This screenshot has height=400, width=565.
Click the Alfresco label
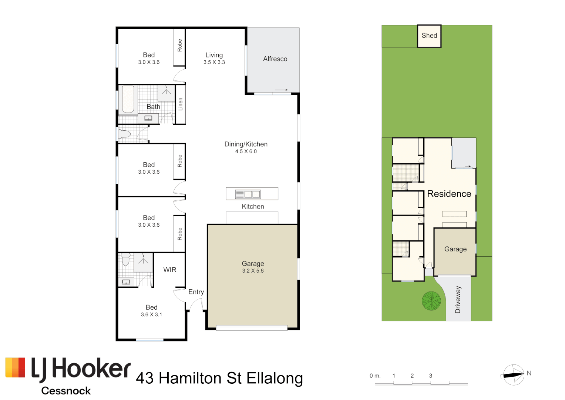point(275,59)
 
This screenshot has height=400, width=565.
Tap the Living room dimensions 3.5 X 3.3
point(214,62)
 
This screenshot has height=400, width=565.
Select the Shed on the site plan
point(429,36)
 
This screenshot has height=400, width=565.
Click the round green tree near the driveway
point(431,301)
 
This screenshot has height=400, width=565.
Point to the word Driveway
point(458,300)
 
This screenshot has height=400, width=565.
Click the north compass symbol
point(513,375)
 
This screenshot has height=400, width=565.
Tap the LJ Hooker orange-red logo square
point(15,367)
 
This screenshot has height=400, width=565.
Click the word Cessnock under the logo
point(66,391)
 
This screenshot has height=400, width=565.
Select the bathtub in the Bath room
point(128,99)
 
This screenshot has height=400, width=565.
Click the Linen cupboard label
point(181,104)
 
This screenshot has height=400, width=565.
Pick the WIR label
point(170,270)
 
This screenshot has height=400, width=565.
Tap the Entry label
point(196,292)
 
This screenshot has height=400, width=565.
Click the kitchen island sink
point(248,194)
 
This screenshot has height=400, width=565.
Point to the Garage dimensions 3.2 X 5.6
point(253,271)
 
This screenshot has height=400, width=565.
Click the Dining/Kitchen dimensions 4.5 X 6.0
point(246,151)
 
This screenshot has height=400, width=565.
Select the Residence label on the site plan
point(449,194)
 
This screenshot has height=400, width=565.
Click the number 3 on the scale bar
point(431,376)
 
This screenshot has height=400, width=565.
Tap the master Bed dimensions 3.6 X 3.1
point(151,314)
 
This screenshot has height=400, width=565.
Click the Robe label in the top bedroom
point(180,45)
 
